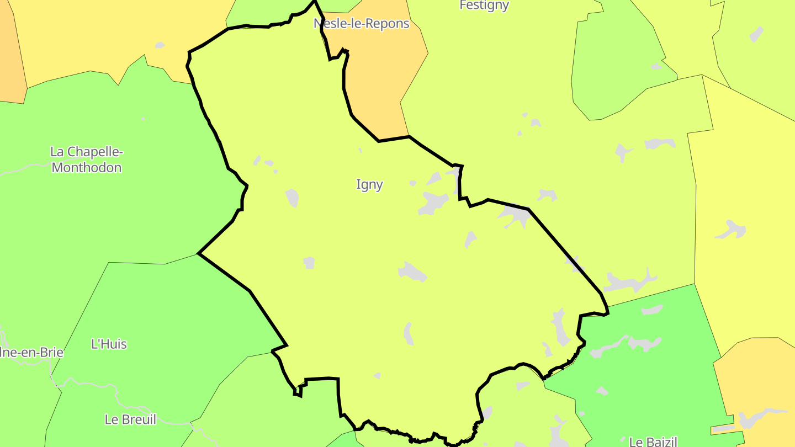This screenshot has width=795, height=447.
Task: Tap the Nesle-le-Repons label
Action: point(362,24)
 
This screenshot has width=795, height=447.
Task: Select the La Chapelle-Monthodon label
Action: point(86,159)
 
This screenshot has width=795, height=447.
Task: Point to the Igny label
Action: point(369,185)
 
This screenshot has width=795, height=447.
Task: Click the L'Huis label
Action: point(109,344)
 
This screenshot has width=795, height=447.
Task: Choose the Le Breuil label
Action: point(130,419)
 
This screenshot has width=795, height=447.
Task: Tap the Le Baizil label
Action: point(653,441)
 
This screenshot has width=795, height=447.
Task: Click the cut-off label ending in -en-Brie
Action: point(31,353)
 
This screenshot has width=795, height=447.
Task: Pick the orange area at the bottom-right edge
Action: point(756,375)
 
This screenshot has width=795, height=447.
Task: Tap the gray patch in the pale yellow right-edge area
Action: point(732,229)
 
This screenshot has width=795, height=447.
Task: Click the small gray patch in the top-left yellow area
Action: point(160,45)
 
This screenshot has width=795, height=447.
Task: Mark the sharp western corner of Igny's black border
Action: point(199,254)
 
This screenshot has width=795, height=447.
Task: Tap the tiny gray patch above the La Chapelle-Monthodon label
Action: point(144,119)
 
